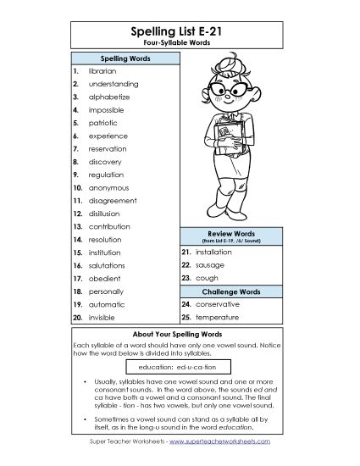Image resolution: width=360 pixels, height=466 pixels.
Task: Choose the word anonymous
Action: [109, 187]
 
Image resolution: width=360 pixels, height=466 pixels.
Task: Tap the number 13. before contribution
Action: [77, 226]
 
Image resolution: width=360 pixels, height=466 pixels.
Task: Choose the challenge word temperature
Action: [219, 316]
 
